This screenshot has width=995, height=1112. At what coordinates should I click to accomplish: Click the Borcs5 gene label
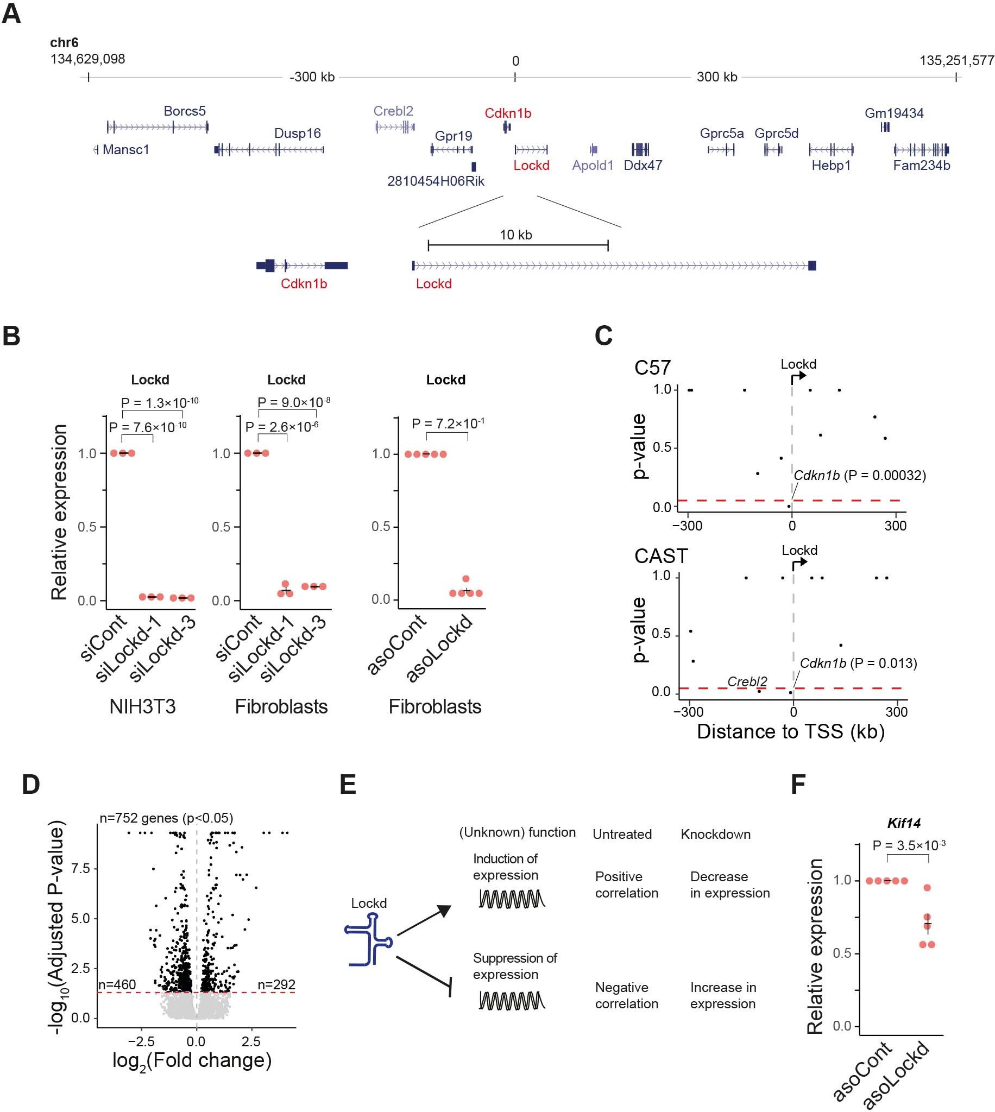click(184, 111)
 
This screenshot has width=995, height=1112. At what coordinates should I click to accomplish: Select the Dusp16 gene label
click(298, 134)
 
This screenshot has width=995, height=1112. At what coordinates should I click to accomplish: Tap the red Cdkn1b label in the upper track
click(507, 113)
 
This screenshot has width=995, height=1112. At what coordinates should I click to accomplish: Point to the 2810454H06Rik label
click(436, 181)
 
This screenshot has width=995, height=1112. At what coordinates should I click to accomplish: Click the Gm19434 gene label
click(894, 113)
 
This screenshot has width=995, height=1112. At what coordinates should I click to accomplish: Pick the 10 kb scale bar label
click(515, 235)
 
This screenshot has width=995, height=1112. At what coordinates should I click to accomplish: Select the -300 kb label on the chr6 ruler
click(312, 77)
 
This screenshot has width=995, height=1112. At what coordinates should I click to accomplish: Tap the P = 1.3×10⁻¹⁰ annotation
click(159, 403)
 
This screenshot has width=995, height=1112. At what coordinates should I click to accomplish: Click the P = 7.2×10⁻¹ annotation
click(448, 424)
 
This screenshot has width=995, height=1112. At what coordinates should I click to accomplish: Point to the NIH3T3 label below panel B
click(142, 706)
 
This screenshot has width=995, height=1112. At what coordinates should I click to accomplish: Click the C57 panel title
click(652, 368)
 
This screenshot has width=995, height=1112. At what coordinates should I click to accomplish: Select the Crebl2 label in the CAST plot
click(747, 681)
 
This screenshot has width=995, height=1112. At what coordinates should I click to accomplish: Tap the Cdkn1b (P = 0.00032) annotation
click(859, 476)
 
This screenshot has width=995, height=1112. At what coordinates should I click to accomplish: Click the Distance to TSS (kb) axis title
click(791, 731)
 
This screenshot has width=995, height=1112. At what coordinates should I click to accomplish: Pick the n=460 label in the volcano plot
click(117, 984)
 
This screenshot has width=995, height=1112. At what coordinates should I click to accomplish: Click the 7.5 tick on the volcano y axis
click(80, 868)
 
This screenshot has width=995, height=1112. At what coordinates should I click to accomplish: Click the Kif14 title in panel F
click(903, 823)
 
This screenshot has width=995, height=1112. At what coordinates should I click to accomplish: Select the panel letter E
click(348, 785)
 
